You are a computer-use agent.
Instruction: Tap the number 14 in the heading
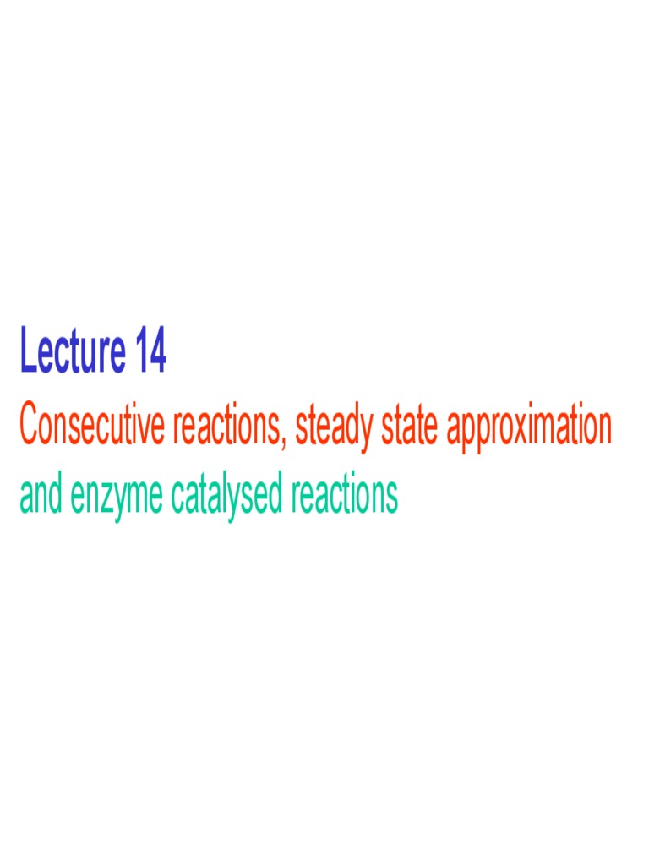149,353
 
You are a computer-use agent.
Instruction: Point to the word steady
334,427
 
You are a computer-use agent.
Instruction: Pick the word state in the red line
409,426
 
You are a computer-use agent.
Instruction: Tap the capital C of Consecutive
29,426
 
